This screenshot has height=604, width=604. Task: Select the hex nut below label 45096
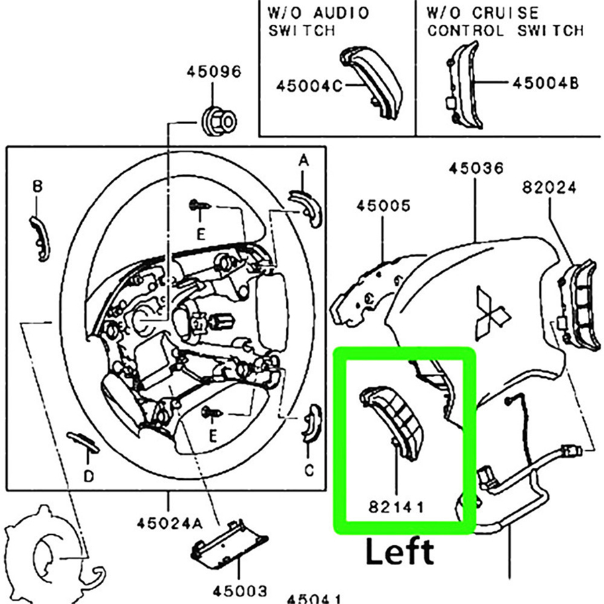(218, 120)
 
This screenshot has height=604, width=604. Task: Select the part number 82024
(548, 189)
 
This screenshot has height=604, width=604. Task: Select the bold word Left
(399, 552)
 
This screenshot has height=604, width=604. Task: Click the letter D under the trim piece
(89, 476)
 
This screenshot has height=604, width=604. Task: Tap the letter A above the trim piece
(303, 160)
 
